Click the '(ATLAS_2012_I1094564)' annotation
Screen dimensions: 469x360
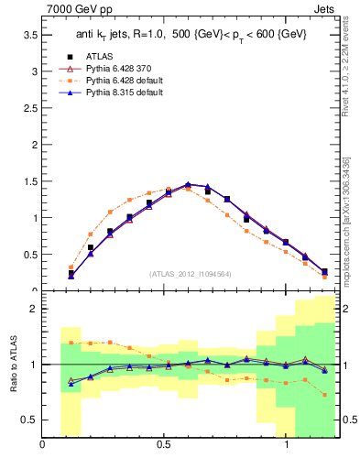point(190,272)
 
